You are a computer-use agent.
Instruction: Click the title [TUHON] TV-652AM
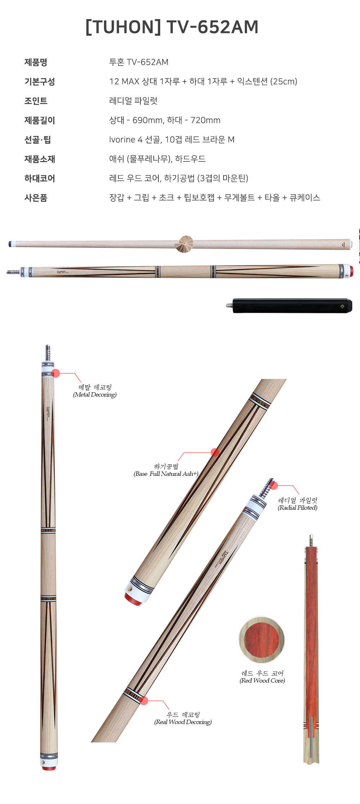point(172,27)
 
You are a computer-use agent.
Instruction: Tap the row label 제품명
point(36,62)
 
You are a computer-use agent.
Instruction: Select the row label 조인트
point(36,101)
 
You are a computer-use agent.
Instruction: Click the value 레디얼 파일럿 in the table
point(133,101)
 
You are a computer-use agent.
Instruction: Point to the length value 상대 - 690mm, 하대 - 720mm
point(165,120)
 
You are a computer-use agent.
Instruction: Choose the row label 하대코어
point(40,178)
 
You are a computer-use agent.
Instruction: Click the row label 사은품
point(36,198)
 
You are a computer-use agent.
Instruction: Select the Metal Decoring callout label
point(95,391)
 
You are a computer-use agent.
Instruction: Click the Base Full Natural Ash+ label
point(166,470)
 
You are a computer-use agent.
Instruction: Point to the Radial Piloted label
point(298,504)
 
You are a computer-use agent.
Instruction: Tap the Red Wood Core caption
point(262,677)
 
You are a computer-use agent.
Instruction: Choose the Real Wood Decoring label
point(183,718)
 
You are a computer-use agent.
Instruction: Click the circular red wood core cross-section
point(262,640)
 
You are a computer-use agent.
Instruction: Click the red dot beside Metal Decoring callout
point(55,373)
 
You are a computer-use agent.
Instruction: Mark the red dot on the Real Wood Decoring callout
point(144,700)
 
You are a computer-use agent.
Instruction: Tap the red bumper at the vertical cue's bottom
point(49,768)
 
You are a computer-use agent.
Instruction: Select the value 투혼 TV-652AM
point(139,62)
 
